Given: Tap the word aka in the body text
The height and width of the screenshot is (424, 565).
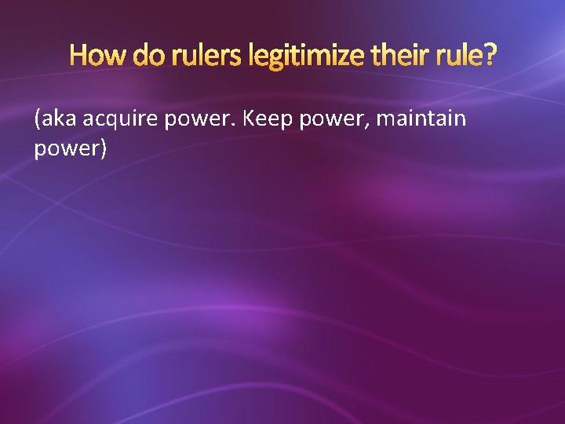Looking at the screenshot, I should click(59, 119).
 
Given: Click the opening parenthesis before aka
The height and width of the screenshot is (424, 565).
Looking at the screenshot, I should click(38, 120).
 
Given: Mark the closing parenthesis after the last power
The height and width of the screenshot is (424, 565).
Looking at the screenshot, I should click(102, 148).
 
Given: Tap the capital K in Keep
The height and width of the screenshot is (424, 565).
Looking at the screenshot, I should click(250, 119).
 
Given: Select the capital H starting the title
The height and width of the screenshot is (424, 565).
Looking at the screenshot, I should click(78, 56).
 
